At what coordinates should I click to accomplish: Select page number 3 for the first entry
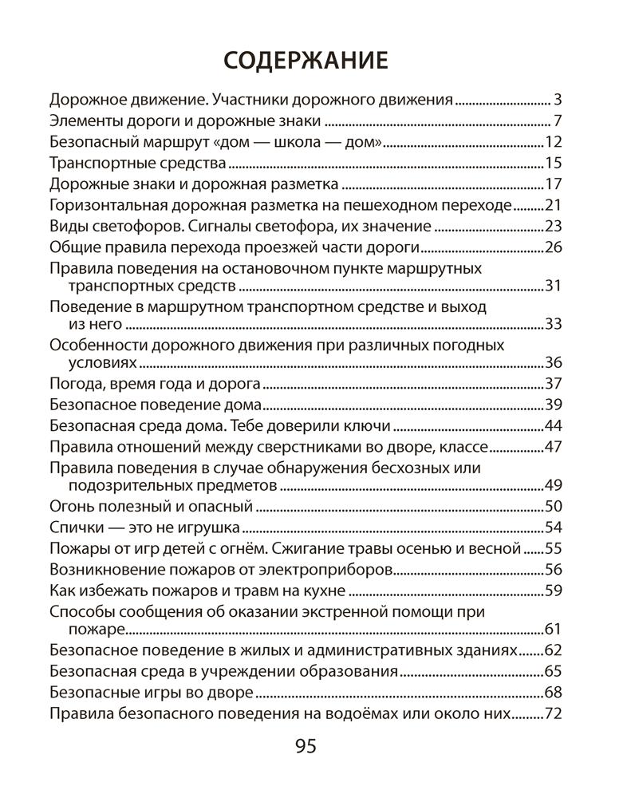point(558,101)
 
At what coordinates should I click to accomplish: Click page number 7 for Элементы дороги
point(558,121)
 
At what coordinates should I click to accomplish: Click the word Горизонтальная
point(101,205)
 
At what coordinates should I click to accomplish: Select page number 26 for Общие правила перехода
point(554,247)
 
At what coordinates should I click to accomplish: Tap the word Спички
point(77,527)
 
